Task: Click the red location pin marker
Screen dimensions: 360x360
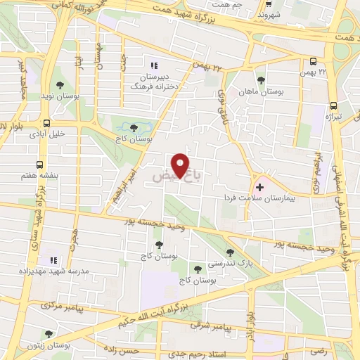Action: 182,165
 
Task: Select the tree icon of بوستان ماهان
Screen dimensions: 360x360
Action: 261,79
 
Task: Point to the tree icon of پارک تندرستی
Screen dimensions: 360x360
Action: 230,252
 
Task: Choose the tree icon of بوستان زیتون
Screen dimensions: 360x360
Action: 49,334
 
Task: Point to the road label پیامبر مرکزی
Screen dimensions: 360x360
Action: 62,306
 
